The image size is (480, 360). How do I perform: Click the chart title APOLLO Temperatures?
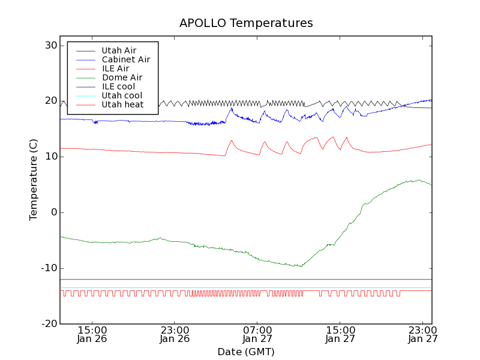coord(246,23)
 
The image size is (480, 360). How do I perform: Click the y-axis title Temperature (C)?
coord(34,179)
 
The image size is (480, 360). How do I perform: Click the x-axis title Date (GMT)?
coord(246,352)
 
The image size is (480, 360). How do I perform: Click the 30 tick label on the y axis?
coord(50,46)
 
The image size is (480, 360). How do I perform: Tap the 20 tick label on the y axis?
coord(50,101)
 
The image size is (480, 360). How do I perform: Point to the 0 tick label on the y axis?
coord(54,212)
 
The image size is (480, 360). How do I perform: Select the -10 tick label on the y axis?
coord(49,268)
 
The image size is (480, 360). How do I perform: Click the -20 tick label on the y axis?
coord(49,324)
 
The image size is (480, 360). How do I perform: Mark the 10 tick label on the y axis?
coord(50,157)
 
